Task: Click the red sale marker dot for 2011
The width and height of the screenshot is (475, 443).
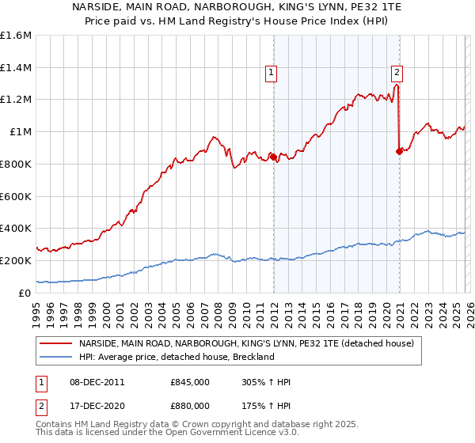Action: tap(273, 157)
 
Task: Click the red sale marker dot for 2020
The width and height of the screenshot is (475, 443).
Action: tap(399, 151)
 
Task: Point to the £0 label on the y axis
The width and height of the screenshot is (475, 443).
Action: tap(25, 293)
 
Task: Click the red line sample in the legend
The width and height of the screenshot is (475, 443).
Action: tap(56, 344)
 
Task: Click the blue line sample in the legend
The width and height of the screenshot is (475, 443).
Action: tap(56, 358)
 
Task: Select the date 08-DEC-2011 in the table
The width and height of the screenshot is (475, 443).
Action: tap(97, 382)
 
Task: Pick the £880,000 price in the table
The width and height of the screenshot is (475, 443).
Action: tap(189, 406)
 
